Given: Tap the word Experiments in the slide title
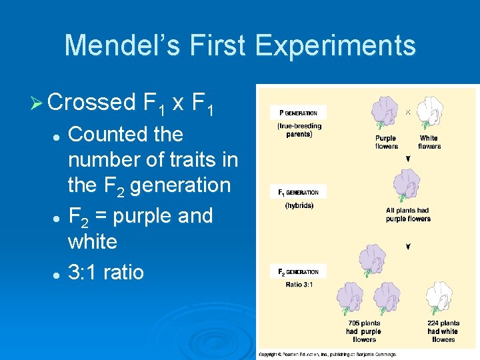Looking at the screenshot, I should pos(335,45).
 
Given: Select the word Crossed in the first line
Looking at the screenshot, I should pos(92,102).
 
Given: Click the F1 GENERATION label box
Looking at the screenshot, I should pos(298,193).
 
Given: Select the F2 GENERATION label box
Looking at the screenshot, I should pos(298,272).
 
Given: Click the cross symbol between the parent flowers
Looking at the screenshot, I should pos(408,112).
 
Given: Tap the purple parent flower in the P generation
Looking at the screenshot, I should pos(385,113).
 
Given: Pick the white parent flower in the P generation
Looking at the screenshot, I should pos(429,113).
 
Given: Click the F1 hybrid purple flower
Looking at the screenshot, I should pos(406,185).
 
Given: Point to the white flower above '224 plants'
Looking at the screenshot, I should pos(443,297).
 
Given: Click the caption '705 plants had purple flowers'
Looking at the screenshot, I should pos(363,331).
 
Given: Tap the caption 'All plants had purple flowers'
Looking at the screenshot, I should pos(408,215).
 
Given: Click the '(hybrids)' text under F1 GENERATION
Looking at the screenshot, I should pos(299,205).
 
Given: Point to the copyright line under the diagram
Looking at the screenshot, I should pos(327,355).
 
